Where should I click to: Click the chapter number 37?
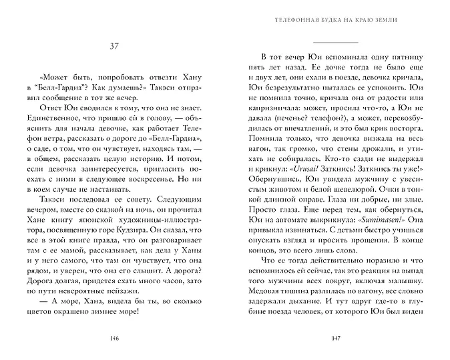click(x=114, y=45)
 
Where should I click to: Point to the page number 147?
click(x=336, y=336)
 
